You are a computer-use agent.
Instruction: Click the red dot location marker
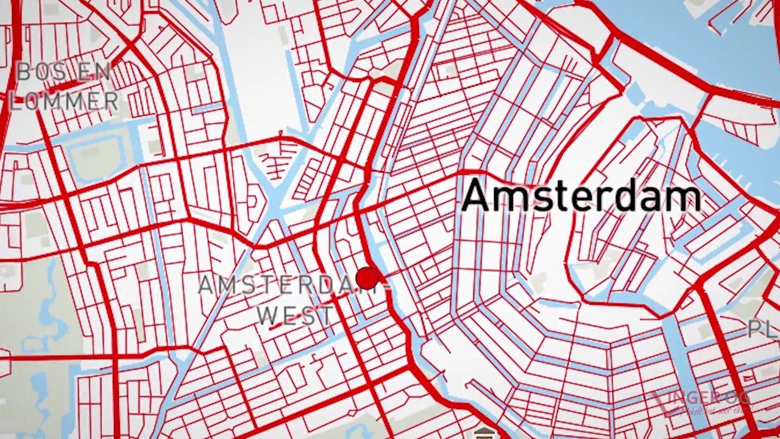pyautogui.click(x=367, y=278)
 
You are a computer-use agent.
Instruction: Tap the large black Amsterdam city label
pyautogui.click(x=581, y=197)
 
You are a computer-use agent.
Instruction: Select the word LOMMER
pyautogui.click(x=63, y=101)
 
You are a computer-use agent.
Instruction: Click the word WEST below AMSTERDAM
pyautogui.click(x=295, y=316)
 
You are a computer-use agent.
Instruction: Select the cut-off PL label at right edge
pyautogui.click(x=763, y=329)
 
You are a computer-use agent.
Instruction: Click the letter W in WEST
pyautogui.click(x=267, y=316)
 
